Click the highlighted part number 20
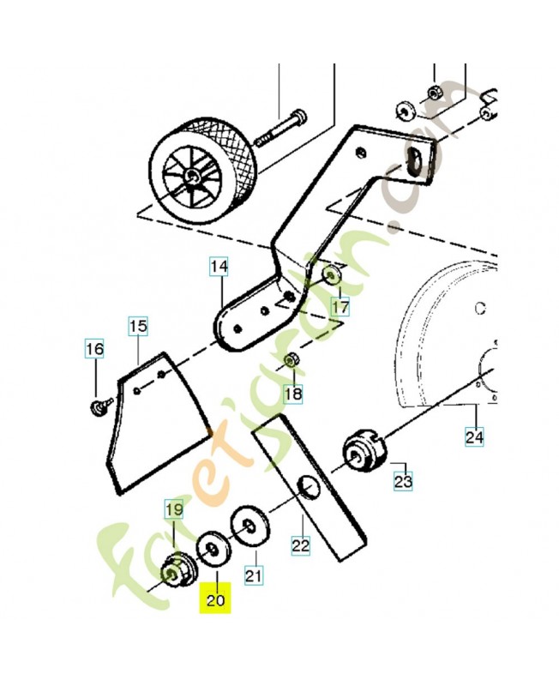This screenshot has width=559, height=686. coord(215,598)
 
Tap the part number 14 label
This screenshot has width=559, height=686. coord(219,267)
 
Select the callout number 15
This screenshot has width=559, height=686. coord(138,326)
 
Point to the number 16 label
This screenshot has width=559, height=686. coord(94,349)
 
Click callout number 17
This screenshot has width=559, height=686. coord(340,306)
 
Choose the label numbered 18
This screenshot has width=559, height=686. coord(293,394)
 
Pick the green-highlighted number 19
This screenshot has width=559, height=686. coord(174,508)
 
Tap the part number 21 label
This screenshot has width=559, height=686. coord(254,575)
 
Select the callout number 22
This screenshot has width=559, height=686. coord(301,545)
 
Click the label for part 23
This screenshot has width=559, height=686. coord(403,482)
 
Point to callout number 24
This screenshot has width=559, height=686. coord(474,436)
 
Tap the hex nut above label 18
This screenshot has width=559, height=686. coord(290,361)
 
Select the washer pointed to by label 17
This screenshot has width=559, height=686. coord(333,275)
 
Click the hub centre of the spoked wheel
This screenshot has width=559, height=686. coord(191,177)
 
